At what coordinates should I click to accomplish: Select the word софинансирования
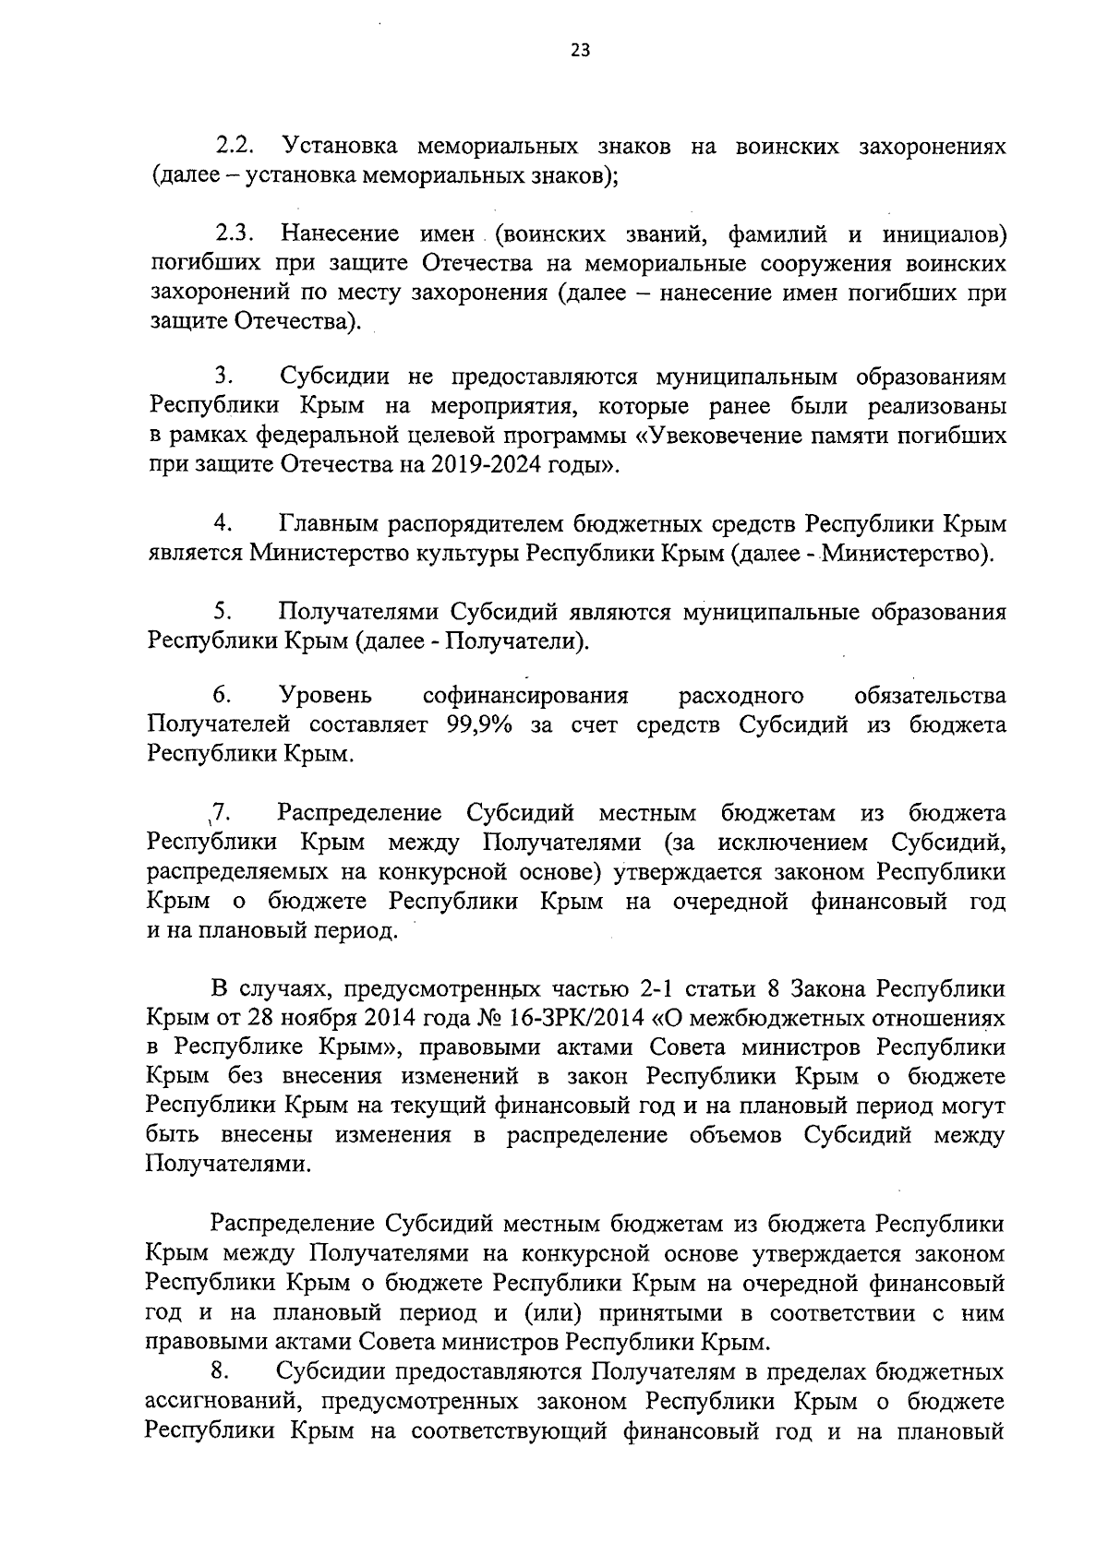524,696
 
